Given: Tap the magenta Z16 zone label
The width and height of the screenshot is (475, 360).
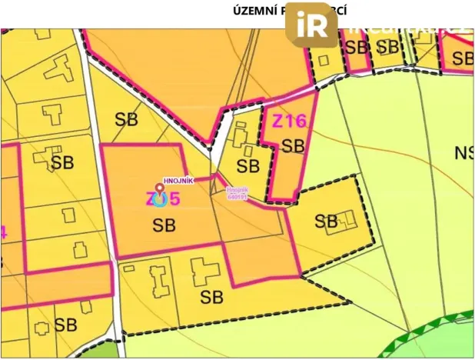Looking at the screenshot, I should pos(289,120).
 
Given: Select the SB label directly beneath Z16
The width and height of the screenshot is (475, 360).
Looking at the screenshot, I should pos(293,145).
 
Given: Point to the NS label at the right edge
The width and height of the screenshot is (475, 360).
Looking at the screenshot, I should pos(464,153).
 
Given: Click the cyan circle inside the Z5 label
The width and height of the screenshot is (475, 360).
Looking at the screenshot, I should pos(160,199).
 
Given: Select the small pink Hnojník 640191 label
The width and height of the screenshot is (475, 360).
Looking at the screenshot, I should pos(235,194).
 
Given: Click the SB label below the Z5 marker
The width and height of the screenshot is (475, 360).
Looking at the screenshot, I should pos(164,225).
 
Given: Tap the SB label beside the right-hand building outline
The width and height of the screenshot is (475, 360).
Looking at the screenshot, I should pos(326,222).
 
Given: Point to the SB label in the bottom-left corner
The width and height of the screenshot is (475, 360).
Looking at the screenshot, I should pos(65,324).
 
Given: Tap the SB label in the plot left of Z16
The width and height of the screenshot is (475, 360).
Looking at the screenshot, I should pos(247,165).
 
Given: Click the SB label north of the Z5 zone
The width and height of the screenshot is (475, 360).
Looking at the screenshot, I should pos(127,119).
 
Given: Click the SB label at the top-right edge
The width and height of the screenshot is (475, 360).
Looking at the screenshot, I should pos(463,58).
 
